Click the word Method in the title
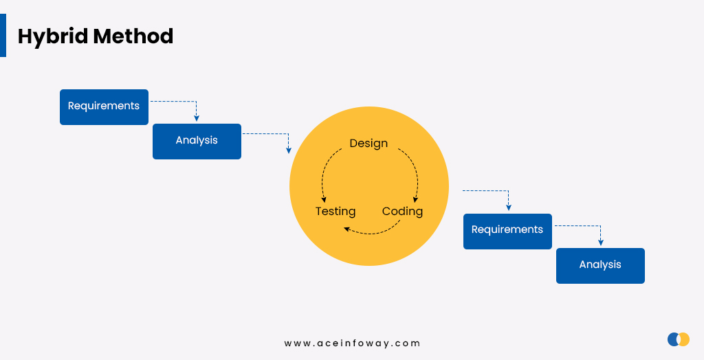[x=133, y=36]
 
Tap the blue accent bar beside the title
[x=3, y=35]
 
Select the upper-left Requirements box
[x=104, y=107]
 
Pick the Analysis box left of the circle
[x=197, y=142]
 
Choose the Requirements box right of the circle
[x=507, y=231]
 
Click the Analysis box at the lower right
[x=600, y=266]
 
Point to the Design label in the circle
[x=368, y=143]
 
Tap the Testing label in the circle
[x=335, y=211]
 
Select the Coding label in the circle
[x=402, y=211]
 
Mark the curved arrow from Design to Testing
[x=324, y=170]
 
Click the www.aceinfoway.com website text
[x=352, y=344]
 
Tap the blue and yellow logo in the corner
[x=679, y=339]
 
